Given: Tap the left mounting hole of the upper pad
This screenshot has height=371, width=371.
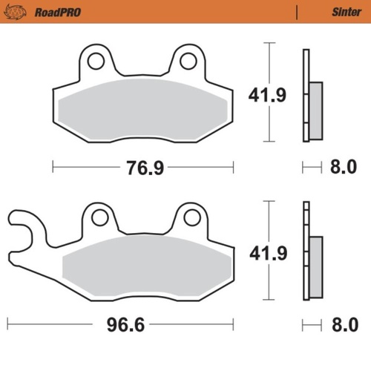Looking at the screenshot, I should [x=95, y=61].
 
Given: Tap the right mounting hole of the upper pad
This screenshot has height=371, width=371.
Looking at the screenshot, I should [x=189, y=61].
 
